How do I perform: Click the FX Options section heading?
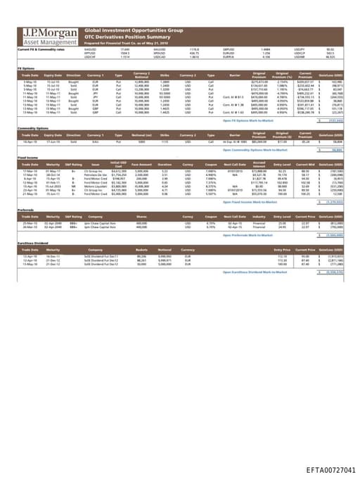(26, 68)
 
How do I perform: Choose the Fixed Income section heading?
(27, 158)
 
